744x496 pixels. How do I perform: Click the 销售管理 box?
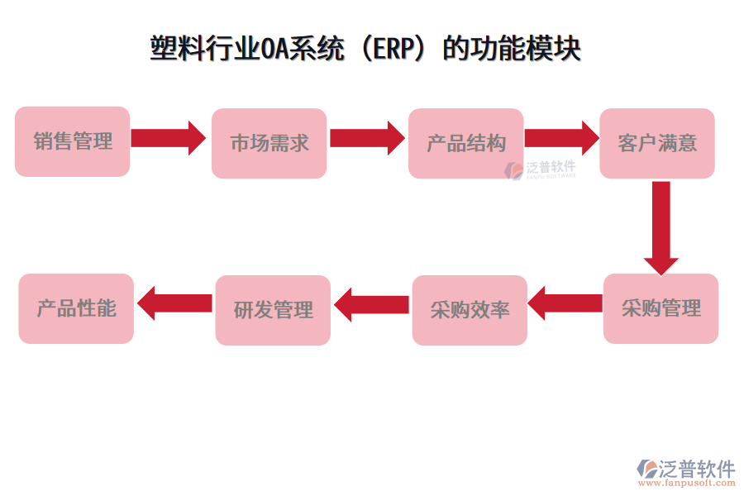[73, 141]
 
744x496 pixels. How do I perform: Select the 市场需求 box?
[269, 143]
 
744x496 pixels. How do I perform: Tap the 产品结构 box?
[465, 143]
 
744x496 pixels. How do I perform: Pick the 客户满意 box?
[657, 143]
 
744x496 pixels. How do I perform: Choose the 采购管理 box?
[661, 308]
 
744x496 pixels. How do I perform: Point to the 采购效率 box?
[470, 310]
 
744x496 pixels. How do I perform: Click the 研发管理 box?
[273, 310]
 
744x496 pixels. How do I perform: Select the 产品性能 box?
[76, 308]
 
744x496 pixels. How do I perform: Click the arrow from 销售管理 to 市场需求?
[168, 138]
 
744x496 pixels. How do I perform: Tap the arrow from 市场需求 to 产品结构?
[365, 138]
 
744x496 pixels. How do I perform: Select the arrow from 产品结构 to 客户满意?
[560, 138]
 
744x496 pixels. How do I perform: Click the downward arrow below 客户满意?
[661, 227]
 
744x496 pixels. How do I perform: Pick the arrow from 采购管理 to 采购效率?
[565, 303]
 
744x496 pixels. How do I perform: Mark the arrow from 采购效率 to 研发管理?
[371, 304]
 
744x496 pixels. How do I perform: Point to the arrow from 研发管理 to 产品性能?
[174, 303]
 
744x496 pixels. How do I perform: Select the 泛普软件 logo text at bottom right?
[696, 469]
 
